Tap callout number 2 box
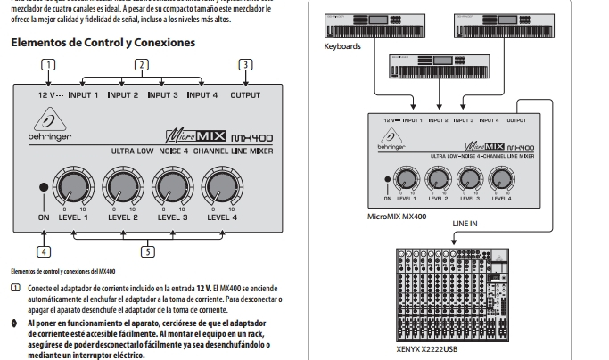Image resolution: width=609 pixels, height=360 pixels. click(x=141, y=64)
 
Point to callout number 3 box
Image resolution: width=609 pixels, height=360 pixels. click(x=244, y=64)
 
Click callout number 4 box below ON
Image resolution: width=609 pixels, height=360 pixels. click(x=44, y=250)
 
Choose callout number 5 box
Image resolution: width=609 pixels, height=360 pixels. click(x=148, y=250)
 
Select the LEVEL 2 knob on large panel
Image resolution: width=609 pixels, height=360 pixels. click(x=123, y=186)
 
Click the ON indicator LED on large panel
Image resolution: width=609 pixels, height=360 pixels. click(x=43, y=188)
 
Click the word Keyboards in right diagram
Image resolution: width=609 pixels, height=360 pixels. click(x=342, y=46)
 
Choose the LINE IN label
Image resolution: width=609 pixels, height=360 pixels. click(x=465, y=223)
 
